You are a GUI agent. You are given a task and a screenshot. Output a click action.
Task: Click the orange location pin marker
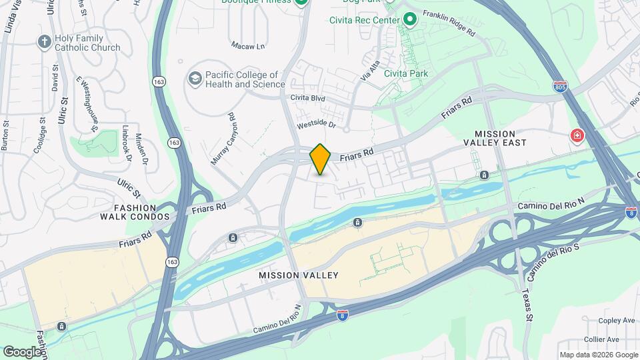point(321,159)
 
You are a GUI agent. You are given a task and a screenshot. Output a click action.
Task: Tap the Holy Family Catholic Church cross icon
point(45,42)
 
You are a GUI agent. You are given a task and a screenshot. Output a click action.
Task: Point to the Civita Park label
point(406,73)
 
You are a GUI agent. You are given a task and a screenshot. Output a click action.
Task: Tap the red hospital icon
point(576,137)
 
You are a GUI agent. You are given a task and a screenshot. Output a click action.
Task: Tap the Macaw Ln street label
point(248,46)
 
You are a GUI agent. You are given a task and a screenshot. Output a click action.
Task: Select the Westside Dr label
point(317,125)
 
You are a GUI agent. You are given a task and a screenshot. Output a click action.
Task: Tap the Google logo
point(22,351)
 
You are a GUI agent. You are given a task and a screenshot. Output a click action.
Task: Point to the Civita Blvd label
point(307,98)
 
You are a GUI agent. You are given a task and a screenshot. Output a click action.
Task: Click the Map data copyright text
point(599,355)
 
